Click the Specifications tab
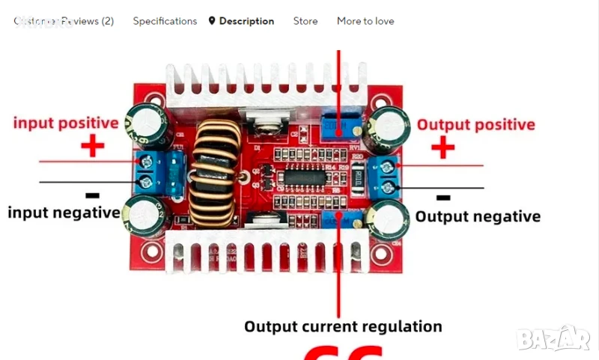tap(165, 21)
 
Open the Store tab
tap(305, 21)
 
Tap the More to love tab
tap(365, 21)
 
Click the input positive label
tap(66, 123)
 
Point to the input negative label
tap(64, 213)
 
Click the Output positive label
tap(475, 125)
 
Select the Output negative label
tap(478, 217)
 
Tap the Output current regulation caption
tap(343, 326)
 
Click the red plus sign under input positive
tap(92, 146)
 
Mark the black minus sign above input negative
tap(92, 195)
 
